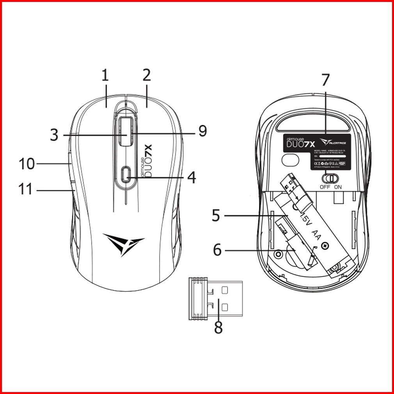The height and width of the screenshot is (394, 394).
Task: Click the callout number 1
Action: pyautogui.click(x=105, y=76)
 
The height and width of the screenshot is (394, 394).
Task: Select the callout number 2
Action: pyautogui.click(x=147, y=76)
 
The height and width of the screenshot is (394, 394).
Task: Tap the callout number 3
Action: pyautogui.click(x=54, y=135)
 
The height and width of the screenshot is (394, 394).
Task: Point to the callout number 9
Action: pyautogui.click(x=202, y=131)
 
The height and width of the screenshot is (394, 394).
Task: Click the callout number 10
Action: pyautogui.click(x=27, y=164)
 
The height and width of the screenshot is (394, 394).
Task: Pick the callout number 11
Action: pyautogui.click(x=27, y=189)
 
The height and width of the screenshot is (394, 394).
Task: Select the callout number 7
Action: pyautogui.click(x=325, y=80)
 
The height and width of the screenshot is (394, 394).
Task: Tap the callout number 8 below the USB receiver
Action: pyautogui.click(x=218, y=328)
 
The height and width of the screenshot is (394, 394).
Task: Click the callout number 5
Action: pyautogui.click(x=216, y=215)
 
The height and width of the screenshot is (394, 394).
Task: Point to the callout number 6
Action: pyautogui.click(x=217, y=250)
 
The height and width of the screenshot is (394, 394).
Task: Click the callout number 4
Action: pyautogui.click(x=191, y=178)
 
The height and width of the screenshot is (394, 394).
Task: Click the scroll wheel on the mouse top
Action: pyautogui.click(x=126, y=131)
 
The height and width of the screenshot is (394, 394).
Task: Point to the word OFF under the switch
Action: pyautogui.click(x=325, y=187)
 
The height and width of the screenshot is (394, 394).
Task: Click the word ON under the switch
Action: pyautogui.click(x=338, y=187)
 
